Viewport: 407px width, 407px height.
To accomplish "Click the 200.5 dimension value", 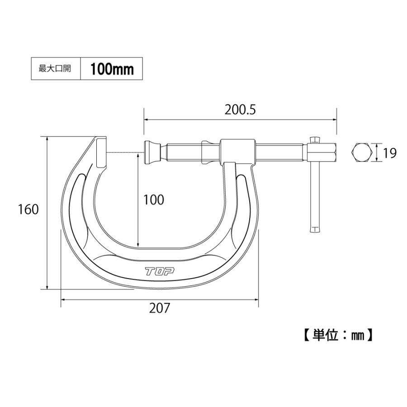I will click(240, 110).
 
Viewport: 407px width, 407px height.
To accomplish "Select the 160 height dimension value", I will click(28, 209).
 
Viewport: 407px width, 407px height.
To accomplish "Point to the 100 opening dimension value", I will click(153, 199).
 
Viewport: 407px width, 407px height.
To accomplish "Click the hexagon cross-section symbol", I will click(362, 153).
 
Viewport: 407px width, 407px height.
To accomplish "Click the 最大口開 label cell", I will click(55, 69).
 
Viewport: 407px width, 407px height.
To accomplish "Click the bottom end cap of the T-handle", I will click(315, 230).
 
